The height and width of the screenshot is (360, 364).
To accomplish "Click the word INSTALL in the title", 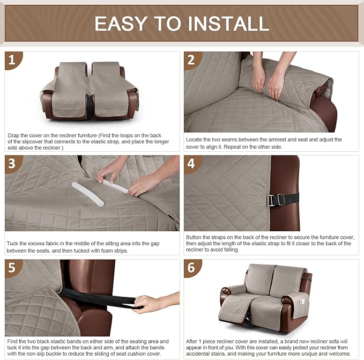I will [226, 23].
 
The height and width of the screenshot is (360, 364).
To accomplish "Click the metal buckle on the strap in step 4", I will [273, 200].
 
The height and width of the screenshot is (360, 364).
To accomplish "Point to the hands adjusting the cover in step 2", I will [268, 80].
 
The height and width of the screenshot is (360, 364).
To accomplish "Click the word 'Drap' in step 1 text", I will [14, 136].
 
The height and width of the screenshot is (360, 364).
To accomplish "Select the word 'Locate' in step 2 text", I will [196, 139].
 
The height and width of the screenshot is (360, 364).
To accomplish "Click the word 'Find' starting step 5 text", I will [13, 341].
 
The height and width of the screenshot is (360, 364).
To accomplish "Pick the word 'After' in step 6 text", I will [195, 341].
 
